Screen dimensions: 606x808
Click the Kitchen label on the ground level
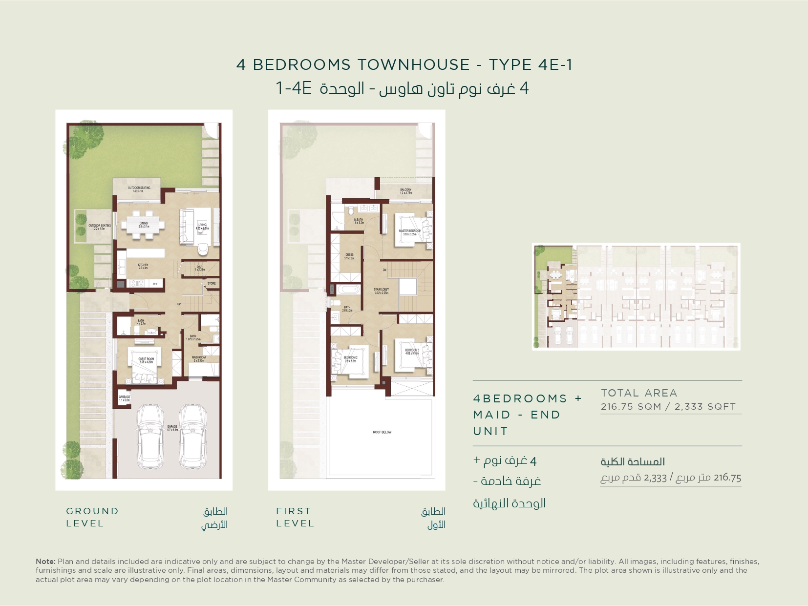(143, 266)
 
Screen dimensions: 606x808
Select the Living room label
(202, 227)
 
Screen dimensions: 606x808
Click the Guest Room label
(146, 360)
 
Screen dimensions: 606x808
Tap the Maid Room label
(199, 359)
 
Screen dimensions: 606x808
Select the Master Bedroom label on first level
(409, 232)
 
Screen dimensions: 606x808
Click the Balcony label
(405, 191)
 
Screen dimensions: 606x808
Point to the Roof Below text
(382, 432)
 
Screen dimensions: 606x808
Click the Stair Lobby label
(382, 291)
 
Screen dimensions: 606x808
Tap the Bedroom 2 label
(350, 359)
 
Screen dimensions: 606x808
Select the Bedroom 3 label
(412, 352)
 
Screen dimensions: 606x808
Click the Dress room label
(349, 256)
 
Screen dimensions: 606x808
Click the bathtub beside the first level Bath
(347, 290)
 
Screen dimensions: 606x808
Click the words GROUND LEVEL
(92, 517)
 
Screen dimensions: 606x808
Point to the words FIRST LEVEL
(295, 517)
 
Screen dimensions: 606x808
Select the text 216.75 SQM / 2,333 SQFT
(668, 407)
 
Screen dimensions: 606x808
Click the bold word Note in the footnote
(45, 562)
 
